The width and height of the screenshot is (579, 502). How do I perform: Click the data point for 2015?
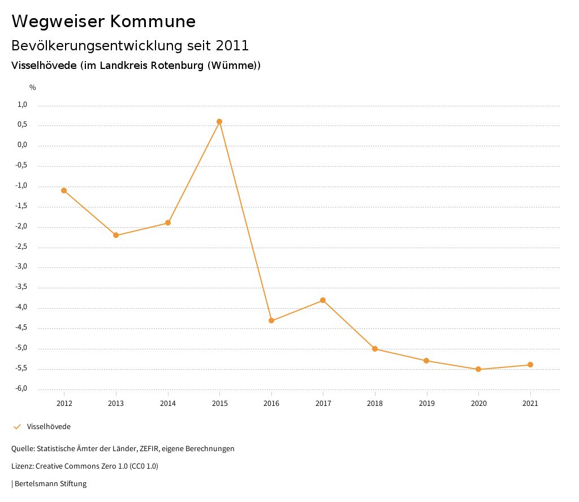pyautogui.click(x=219, y=122)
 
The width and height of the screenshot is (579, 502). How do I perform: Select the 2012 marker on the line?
pyautogui.click(x=64, y=191)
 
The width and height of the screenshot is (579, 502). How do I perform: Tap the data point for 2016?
pyautogui.click(x=271, y=321)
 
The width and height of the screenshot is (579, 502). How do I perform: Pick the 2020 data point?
pyautogui.click(x=478, y=369)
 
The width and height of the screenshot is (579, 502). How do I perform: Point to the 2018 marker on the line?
pyautogui.click(x=375, y=349)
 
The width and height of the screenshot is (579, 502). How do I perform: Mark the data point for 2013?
pyautogui.click(x=116, y=235)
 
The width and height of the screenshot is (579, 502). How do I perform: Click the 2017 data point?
pyautogui.click(x=323, y=300)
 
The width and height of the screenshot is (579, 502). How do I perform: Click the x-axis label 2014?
pyautogui.click(x=168, y=404)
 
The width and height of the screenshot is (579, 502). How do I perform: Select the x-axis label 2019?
pyautogui.click(x=427, y=404)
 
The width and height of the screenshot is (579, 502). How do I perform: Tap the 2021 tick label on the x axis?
pyautogui.click(x=530, y=404)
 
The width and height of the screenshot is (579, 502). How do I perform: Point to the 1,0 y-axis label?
pyautogui.click(x=23, y=105)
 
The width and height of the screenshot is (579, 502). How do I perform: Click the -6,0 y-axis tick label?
pyautogui.click(x=21, y=388)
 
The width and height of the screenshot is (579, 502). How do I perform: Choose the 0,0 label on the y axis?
pyautogui.click(x=23, y=145)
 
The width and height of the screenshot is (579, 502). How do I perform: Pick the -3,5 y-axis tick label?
pyautogui.click(x=21, y=287)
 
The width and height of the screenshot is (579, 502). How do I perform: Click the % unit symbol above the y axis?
pyautogui.click(x=33, y=88)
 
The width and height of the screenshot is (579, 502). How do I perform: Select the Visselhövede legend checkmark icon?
pyautogui.click(x=17, y=427)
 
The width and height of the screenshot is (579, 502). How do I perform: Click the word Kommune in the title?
pyautogui.click(x=153, y=21)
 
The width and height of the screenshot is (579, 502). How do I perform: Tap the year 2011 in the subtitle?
pyautogui.click(x=232, y=45)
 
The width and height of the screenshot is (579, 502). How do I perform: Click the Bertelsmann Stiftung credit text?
pyautogui.click(x=50, y=484)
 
